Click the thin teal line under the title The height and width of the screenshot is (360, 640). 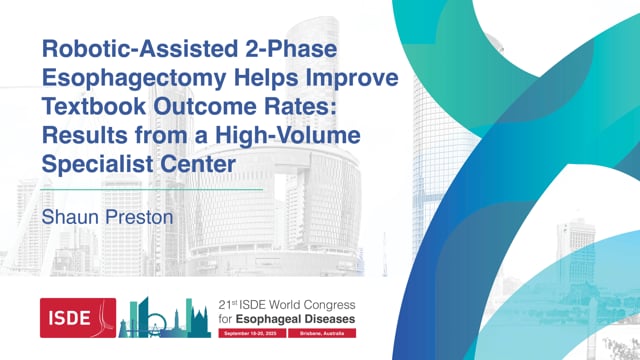150,188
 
